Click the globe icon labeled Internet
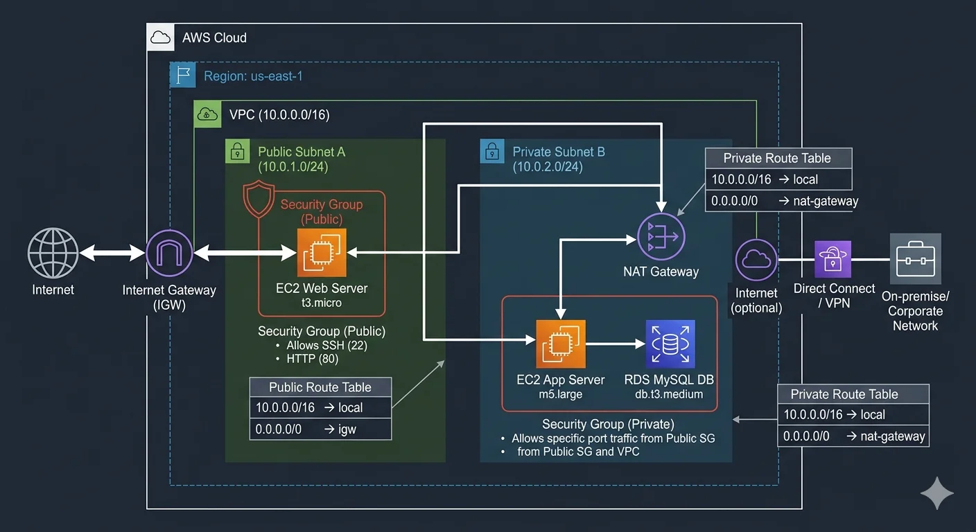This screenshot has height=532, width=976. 53,254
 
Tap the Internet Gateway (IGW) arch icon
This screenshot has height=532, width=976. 169,254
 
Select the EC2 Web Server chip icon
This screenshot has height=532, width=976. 322,253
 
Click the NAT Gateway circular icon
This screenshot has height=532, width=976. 661,238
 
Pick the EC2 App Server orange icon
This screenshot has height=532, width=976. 560,344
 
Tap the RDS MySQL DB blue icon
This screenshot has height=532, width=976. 670,344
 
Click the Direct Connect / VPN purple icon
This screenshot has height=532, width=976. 833,259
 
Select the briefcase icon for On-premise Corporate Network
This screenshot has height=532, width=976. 915,259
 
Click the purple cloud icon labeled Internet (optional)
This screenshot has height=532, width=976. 756,260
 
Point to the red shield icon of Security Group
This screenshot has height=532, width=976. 259,200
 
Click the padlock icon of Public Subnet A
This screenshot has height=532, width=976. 237,151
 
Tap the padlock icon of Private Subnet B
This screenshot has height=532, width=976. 492,151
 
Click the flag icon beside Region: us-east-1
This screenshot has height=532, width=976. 182,75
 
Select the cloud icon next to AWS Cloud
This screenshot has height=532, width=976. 160,37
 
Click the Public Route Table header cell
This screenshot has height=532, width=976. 320,387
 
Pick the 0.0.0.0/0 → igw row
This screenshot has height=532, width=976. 320,429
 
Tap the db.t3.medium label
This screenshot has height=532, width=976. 669,394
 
